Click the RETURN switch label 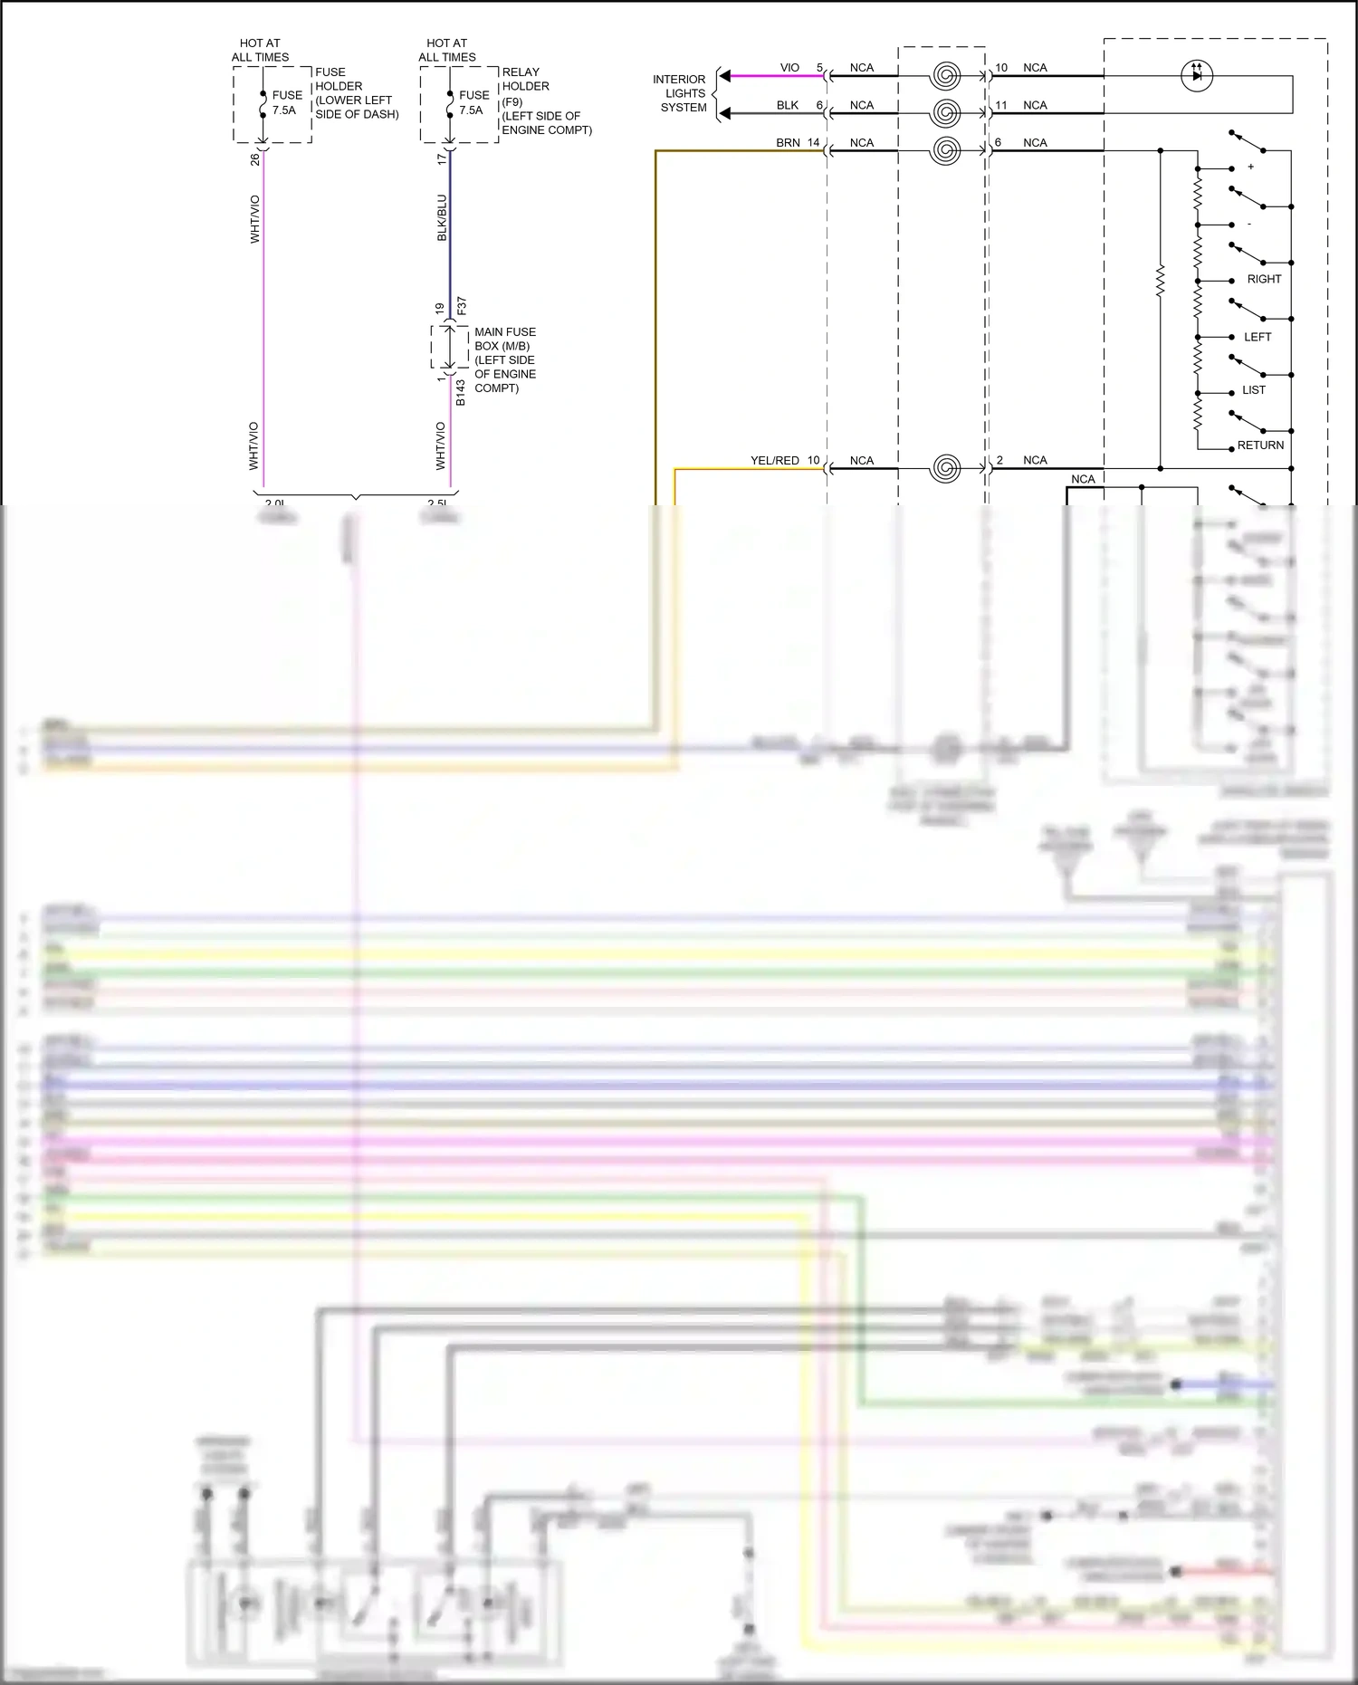coord(1260,445)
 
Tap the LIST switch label coord(1254,390)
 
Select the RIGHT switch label coord(1264,279)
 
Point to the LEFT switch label coord(1258,337)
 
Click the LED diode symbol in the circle coord(1198,76)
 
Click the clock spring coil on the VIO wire coord(945,75)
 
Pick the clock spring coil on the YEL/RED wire coord(945,468)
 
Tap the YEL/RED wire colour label coord(774,461)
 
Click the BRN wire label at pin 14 coord(788,143)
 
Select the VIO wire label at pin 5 coord(789,68)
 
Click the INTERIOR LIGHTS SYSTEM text coord(681,93)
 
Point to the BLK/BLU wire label coord(442,217)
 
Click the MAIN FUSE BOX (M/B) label coord(505,359)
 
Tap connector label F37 coord(462,305)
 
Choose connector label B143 coord(461,392)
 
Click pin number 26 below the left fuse coord(255,159)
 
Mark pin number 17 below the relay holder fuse coord(442,159)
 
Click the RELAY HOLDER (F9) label coord(546,101)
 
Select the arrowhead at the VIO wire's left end coord(725,76)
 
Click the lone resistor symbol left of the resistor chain coord(1161,282)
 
